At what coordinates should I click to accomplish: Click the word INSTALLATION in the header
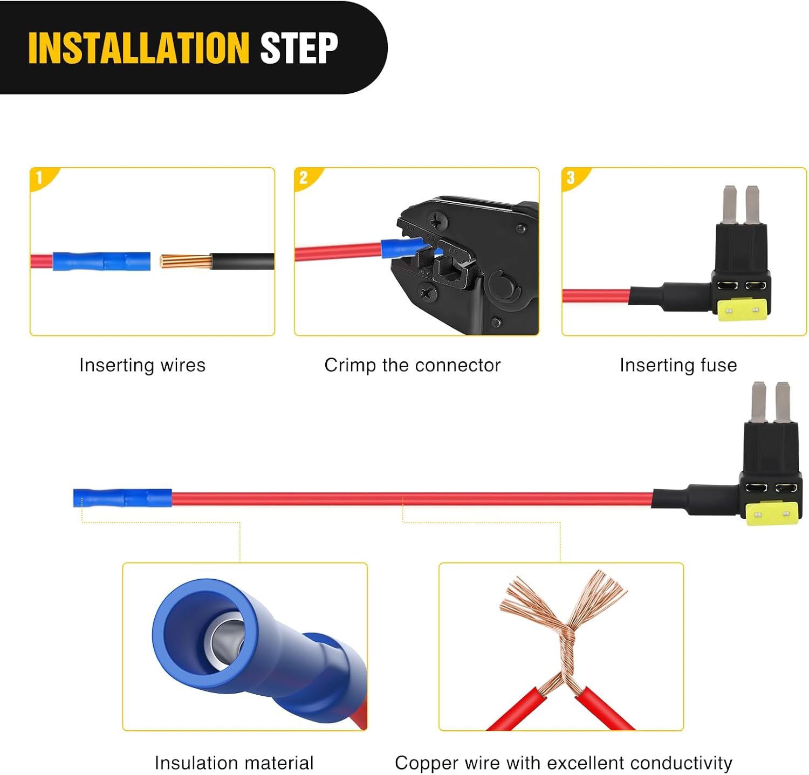click(139, 48)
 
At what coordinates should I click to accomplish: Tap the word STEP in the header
click(299, 48)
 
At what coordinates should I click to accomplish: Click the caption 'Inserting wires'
click(142, 365)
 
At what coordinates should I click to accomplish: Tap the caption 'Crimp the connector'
click(413, 365)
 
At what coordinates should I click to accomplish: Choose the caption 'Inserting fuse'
click(678, 365)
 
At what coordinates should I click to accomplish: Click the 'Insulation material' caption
click(234, 763)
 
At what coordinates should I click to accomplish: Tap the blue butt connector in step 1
click(101, 262)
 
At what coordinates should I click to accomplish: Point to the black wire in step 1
click(243, 262)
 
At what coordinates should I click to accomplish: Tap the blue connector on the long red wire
click(122, 498)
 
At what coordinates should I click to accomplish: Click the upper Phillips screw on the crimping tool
click(435, 220)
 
